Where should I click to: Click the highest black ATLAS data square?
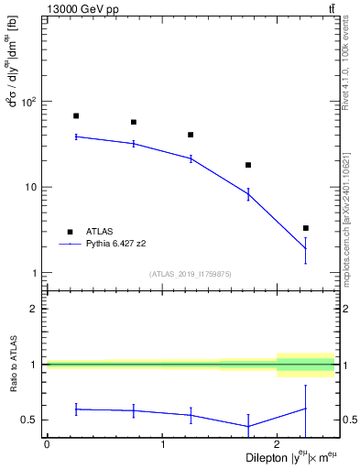click(76, 116)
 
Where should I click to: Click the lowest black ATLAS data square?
click(306, 228)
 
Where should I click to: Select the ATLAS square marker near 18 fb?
click(248, 165)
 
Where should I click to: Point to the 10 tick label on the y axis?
click(33, 187)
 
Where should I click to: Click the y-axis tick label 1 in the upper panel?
click(37, 273)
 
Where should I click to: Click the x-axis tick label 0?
click(47, 444)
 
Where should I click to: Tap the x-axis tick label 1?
click(162, 444)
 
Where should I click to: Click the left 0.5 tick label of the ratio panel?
click(31, 420)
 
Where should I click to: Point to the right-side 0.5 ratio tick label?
click(348, 420)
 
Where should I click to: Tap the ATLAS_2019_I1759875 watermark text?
click(191, 275)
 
